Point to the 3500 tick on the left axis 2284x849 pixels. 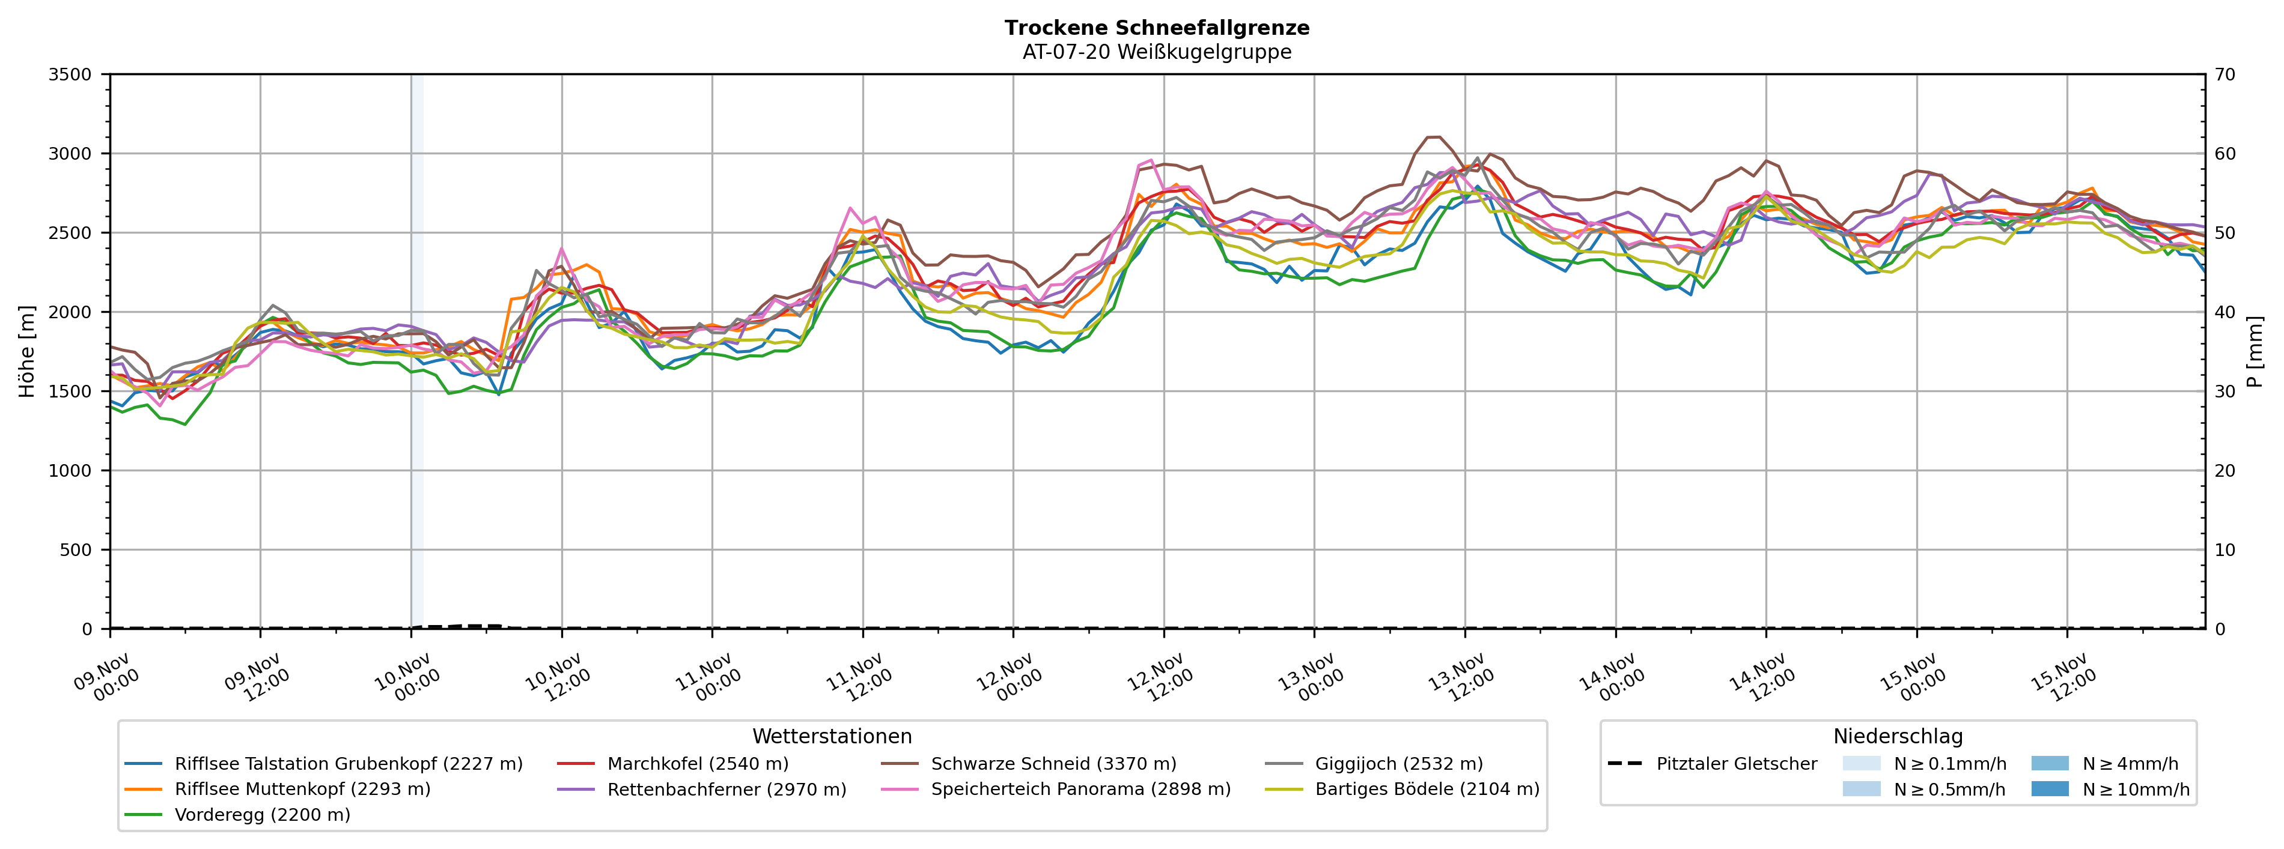click(x=70, y=74)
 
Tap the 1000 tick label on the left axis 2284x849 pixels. click(x=70, y=471)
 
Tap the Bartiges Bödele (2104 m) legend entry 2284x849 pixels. click(x=1427, y=789)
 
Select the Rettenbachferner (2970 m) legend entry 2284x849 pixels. click(x=726, y=789)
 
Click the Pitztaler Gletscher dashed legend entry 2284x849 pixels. click(x=1736, y=764)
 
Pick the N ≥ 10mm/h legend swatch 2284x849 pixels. click(x=2049, y=789)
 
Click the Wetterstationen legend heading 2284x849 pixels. click(x=832, y=737)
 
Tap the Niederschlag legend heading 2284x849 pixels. click(x=1898, y=737)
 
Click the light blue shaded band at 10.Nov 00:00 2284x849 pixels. click(x=417, y=354)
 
